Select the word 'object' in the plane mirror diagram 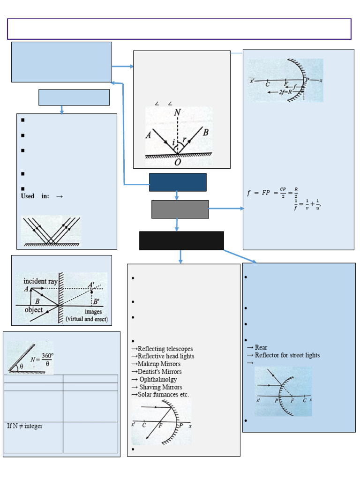(33, 310)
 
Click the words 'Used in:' (35, 196)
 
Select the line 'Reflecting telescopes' (162, 349)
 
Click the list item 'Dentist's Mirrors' (158, 372)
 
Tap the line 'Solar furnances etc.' (160, 395)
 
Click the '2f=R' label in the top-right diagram (285, 92)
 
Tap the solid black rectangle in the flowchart (181, 240)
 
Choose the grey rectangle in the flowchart (180, 210)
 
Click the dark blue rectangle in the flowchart (178, 182)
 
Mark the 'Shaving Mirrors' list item (158, 387)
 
